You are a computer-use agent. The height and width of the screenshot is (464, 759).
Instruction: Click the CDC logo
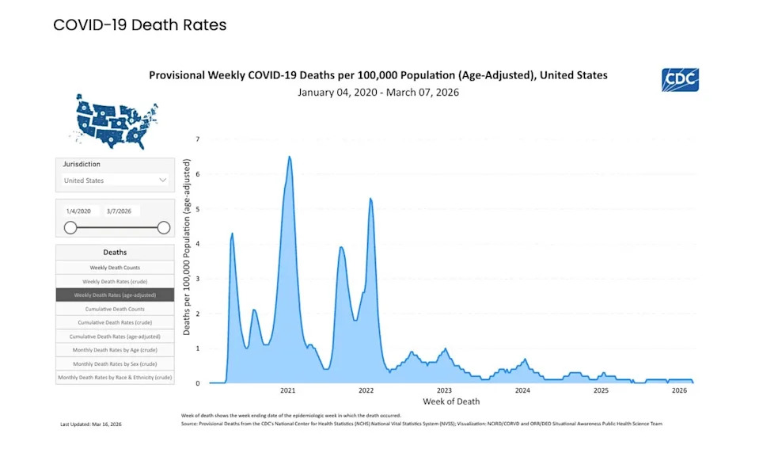point(680,80)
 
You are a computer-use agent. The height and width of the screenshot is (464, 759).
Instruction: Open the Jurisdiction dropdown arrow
point(163,180)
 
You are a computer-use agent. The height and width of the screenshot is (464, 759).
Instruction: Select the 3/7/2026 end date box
point(123,211)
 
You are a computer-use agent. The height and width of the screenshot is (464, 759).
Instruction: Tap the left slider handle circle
point(70,228)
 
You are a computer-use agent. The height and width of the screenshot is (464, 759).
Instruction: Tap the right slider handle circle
point(164,228)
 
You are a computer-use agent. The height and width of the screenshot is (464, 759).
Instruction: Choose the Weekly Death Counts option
point(115,268)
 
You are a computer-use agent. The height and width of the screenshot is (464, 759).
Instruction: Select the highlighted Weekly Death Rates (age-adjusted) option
point(115,295)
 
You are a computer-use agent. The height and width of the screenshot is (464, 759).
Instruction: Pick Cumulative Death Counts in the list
point(115,309)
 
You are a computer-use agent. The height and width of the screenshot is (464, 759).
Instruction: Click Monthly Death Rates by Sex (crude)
point(115,363)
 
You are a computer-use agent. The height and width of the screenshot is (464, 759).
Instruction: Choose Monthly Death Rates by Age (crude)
point(115,350)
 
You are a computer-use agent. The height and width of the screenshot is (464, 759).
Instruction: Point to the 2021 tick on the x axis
point(288,390)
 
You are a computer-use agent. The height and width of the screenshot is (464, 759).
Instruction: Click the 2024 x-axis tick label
point(522,390)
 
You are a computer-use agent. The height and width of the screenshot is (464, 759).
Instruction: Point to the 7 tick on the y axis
point(198,139)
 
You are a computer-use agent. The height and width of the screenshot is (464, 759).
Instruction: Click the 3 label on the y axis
point(198,279)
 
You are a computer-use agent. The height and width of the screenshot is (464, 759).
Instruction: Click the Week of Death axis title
point(450,401)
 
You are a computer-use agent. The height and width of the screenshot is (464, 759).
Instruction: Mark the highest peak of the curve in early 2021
point(290,157)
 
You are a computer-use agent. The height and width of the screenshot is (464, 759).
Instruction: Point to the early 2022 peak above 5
point(370,198)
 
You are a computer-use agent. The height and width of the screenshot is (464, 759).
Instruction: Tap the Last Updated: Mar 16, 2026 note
point(91,424)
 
